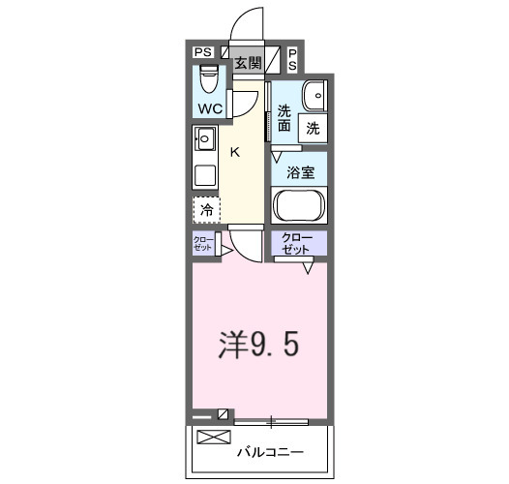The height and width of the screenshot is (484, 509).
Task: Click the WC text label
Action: pyautogui.click(x=211, y=107)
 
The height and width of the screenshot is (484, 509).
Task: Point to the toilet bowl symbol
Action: pyautogui.click(x=209, y=78)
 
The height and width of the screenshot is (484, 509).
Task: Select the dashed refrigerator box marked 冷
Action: pyautogui.click(x=206, y=209)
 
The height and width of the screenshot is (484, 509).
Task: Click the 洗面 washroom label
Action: pyautogui.click(x=284, y=117)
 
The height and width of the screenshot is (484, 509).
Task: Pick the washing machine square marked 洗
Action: pyautogui.click(x=313, y=127)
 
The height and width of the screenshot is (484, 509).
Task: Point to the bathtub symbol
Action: pyautogui.click(x=300, y=205)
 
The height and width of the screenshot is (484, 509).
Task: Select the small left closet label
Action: pyautogui.click(x=203, y=243)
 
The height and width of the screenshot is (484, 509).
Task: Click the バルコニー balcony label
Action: pyautogui.click(x=271, y=452)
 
